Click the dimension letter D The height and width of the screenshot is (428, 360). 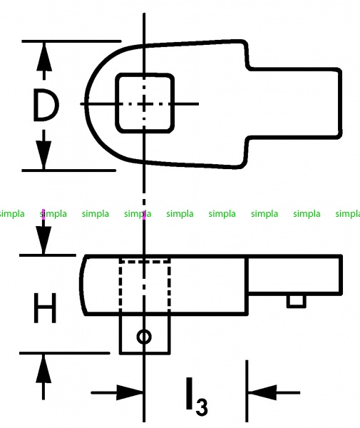[x=46, y=106]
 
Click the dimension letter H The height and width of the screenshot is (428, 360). [x=46, y=308]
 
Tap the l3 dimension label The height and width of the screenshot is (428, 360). [x=197, y=397]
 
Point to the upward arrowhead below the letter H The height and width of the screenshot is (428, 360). [x=43, y=369]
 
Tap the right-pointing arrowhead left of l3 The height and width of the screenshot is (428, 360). [x=129, y=392]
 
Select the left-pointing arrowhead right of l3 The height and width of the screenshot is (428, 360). [x=262, y=392]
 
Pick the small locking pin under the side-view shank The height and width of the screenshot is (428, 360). [x=296, y=301]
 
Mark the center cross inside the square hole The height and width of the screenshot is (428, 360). [x=144, y=103]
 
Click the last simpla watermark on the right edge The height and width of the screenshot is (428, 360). [x=348, y=214]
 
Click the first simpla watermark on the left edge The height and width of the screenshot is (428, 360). [x=12, y=214]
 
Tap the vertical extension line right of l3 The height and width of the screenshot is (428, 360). [x=247, y=391]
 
